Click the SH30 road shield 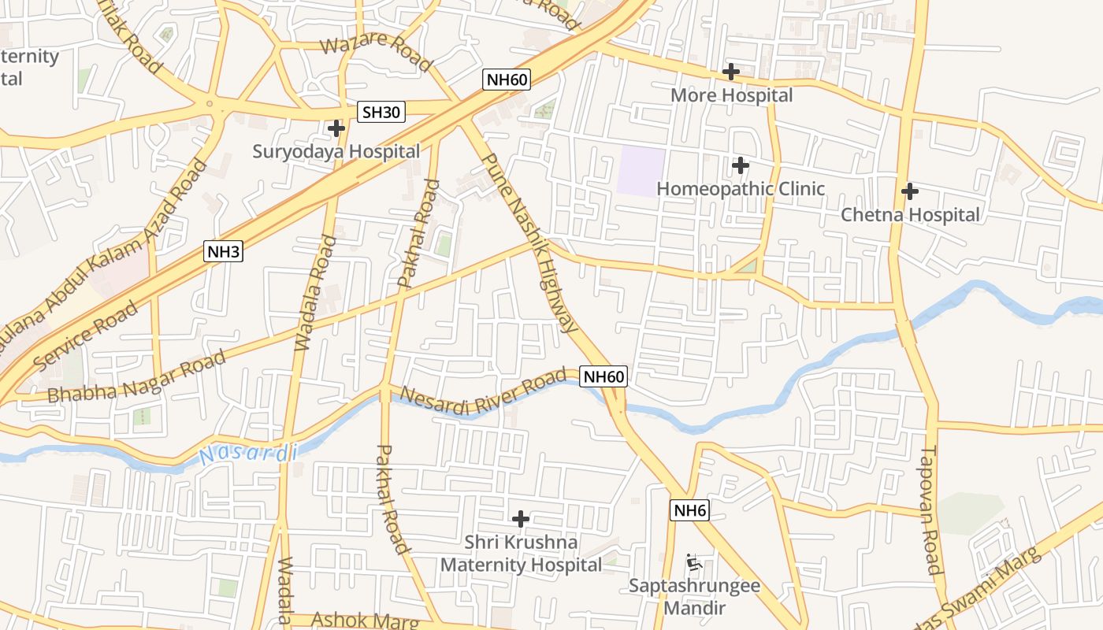coord(381,112)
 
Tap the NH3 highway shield coord(223,252)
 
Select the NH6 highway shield coord(690,510)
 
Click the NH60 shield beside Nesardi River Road coord(604,376)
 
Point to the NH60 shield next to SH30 coord(507,79)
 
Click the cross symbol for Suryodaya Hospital coord(336,128)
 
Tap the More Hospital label coord(731,95)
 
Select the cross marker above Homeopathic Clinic coord(740,165)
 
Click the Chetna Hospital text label coord(910,214)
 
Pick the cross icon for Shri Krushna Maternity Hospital coord(520,519)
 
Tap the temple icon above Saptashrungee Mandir coord(693,562)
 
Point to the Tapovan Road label coord(930,511)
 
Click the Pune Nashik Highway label coord(527,243)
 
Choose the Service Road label coord(87,335)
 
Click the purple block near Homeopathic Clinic coord(640,170)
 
